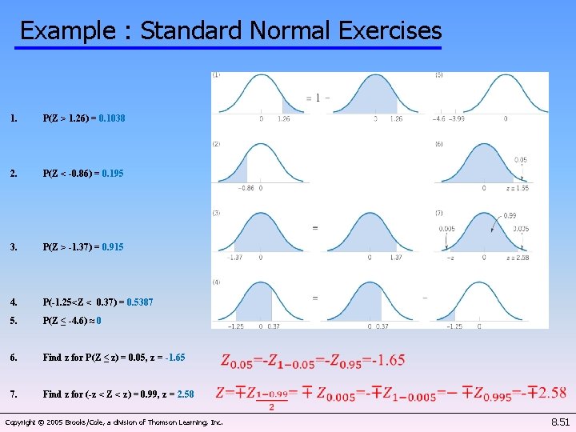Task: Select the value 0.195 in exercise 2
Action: tap(114, 174)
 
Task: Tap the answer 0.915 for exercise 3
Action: tap(113, 247)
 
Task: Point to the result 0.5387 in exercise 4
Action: tap(140, 302)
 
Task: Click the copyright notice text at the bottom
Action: tap(114, 422)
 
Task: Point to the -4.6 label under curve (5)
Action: tap(439, 119)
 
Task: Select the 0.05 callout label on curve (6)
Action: tap(520, 160)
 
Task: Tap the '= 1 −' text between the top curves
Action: tap(317, 98)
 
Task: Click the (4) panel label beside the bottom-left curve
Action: tap(216, 282)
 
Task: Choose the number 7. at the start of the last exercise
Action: tap(14, 394)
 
